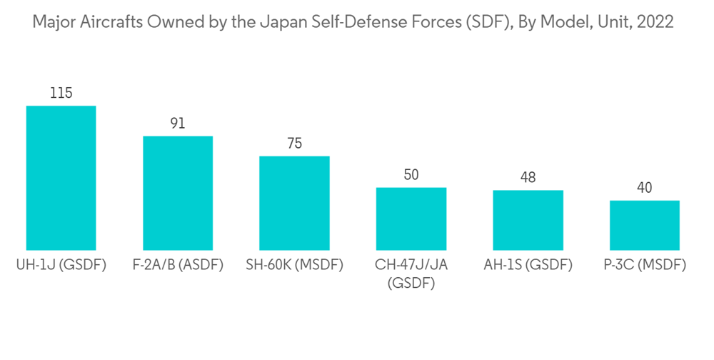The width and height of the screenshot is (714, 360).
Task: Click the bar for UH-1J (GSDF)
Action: (61, 178)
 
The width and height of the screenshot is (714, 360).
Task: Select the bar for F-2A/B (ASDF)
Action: (178, 193)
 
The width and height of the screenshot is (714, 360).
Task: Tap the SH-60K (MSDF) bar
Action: (294, 203)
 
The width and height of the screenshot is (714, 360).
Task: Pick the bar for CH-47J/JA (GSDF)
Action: (411, 219)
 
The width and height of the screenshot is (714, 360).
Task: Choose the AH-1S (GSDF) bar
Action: (528, 220)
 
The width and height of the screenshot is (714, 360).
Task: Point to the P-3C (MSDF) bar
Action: (645, 225)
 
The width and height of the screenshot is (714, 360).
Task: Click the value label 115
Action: (61, 94)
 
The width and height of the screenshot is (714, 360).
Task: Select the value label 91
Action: (178, 124)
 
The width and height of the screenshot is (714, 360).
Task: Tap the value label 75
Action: (294, 144)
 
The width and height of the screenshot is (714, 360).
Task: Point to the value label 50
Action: (411, 175)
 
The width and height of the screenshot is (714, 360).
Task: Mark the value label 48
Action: (528, 178)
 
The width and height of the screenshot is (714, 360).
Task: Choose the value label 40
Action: (645, 188)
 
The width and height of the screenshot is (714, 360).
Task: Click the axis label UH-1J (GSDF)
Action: (61, 266)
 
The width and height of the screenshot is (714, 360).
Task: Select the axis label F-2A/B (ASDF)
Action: (178, 266)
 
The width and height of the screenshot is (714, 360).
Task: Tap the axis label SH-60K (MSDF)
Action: (294, 266)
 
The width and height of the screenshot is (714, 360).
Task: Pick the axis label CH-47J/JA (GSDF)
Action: (411, 274)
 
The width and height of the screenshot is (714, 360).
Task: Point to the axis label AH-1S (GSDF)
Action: (528, 266)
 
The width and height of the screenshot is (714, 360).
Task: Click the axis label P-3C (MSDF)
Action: (645, 266)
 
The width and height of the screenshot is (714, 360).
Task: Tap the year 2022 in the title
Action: (655, 22)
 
